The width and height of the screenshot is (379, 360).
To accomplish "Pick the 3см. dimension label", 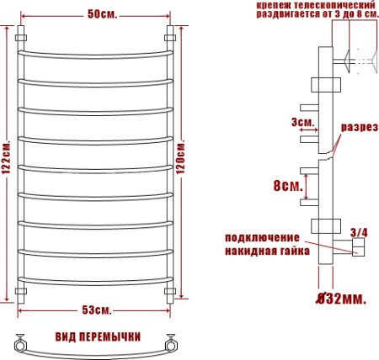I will click(x=302, y=123).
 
